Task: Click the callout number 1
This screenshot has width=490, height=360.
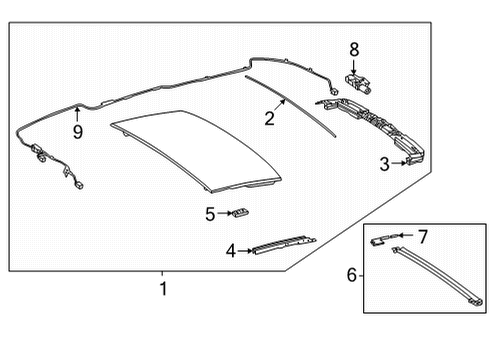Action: [163, 289]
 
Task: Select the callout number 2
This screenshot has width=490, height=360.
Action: [269, 119]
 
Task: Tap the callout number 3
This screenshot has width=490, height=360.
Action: [385, 164]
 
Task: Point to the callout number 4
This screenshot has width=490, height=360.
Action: [231, 251]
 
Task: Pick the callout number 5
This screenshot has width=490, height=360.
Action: [210, 214]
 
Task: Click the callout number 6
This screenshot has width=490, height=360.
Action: [352, 275]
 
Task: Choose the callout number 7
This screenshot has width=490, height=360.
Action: [423, 236]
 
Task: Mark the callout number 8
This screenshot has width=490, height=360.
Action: [354, 50]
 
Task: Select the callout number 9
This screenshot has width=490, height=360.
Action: [78, 132]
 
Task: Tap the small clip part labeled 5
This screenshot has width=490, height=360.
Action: [240, 212]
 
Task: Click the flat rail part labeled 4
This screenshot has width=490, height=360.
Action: [284, 245]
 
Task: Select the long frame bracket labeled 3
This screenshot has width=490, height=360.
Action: [373, 128]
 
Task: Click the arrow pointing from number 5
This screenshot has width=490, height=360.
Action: [225, 213]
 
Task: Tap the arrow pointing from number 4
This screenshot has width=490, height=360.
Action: [245, 251]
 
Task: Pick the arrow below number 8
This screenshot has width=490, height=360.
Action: [354, 67]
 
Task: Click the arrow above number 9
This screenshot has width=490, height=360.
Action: [77, 115]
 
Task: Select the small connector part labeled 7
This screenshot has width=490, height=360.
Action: [383, 239]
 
